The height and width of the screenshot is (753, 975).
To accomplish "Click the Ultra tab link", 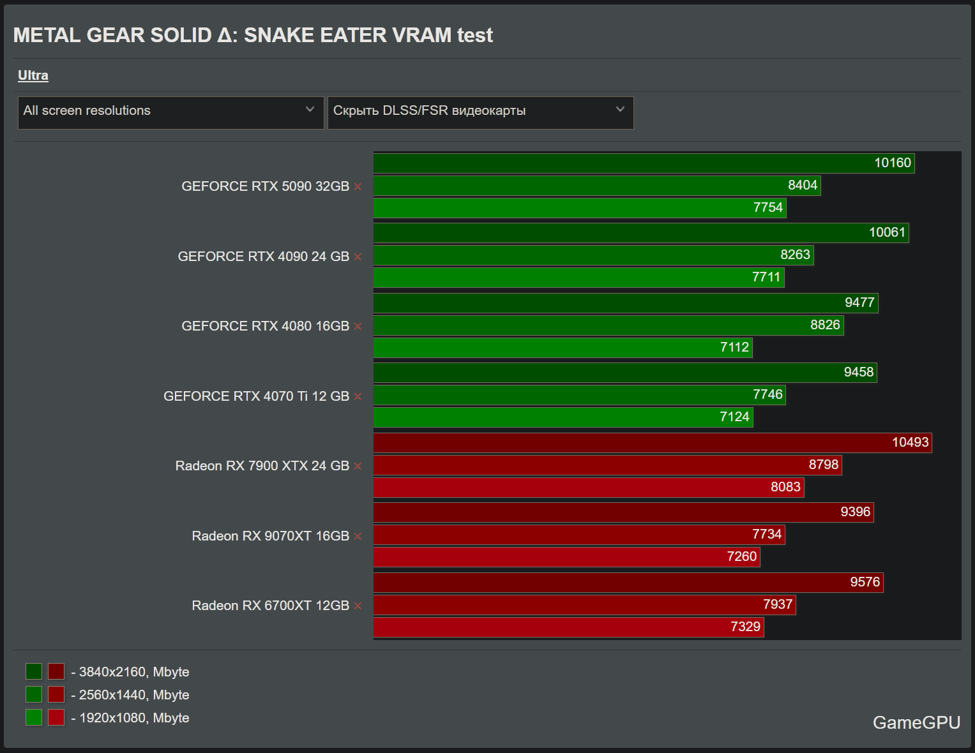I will click(33, 75).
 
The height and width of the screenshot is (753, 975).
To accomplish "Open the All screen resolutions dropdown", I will click(170, 112).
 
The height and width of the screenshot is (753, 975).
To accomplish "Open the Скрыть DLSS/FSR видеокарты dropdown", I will click(480, 112).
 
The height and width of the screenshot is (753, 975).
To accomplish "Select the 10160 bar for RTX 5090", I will click(644, 163).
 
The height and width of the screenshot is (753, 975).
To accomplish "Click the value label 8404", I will click(802, 185).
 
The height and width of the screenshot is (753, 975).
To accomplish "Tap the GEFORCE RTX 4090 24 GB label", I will click(263, 257).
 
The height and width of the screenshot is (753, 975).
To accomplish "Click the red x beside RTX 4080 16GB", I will click(358, 327).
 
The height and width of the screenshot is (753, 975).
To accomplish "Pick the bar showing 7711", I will click(578, 278).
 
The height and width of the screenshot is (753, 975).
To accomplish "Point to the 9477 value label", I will click(859, 302).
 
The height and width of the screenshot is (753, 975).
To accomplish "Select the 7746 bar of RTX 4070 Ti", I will click(579, 395).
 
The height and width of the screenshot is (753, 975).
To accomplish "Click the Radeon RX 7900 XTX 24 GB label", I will click(262, 466).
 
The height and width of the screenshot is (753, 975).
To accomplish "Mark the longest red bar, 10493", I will click(653, 443).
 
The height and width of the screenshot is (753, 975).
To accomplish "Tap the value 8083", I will click(785, 487).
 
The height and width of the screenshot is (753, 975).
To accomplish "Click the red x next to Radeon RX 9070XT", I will click(358, 536).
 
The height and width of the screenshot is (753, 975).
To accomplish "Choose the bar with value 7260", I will click(566, 557).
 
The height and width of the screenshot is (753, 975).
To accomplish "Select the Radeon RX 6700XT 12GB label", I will click(270, 606).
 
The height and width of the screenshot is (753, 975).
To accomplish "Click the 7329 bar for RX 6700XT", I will click(568, 627).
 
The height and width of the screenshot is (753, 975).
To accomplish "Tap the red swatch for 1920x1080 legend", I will click(56, 717).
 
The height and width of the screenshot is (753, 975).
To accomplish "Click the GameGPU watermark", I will click(916, 722).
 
